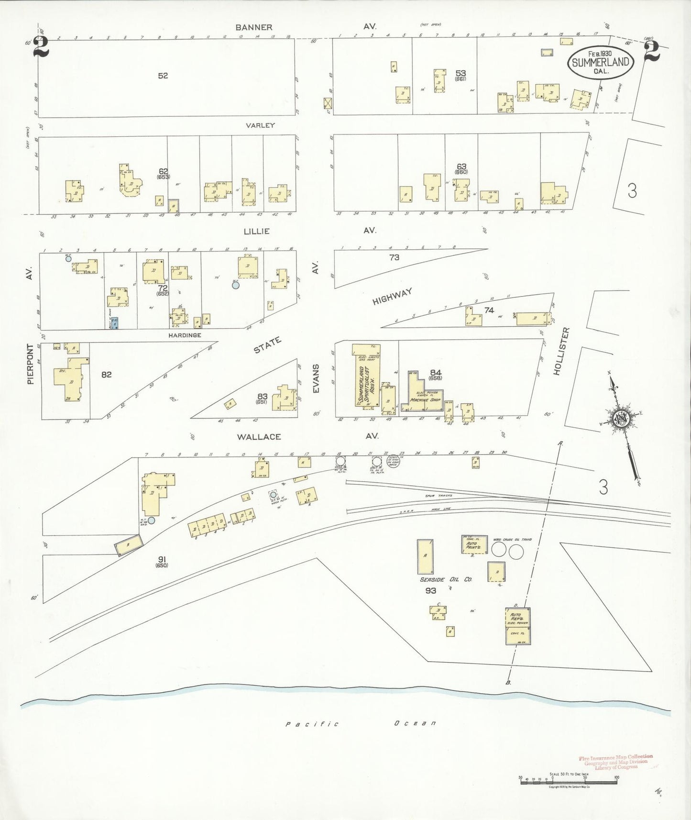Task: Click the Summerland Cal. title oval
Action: tap(601, 62)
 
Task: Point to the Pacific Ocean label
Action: tap(361, 723)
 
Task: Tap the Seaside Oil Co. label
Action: tap(446, 579)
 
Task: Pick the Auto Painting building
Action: tap(474, 544)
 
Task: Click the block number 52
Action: tap(163, 76)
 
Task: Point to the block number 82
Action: tap(106, 375)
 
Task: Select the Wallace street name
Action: tap(258, 436)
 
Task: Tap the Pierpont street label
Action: tap(31, 364)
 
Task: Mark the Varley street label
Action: tap(260, 125)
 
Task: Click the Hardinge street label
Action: tap(185, 335)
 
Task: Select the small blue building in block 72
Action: tap(115, 323)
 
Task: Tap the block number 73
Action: tap(394, 257)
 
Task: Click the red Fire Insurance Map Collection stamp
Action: tap(615, 761)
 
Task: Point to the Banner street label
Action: tap(254, 27)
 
